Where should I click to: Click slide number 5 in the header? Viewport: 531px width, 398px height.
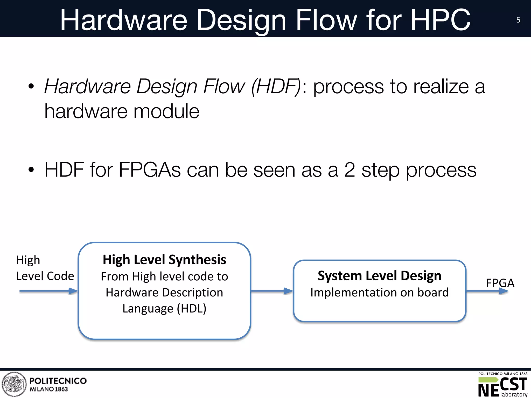[x=518, y=20]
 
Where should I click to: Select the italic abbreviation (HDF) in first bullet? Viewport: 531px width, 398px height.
[x=276, y=87]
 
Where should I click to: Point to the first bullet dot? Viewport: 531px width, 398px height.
[x=31, y=87]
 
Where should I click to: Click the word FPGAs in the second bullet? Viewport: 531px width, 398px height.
[x=150, y=170]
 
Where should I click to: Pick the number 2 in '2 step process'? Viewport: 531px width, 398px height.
[x=350, y=170]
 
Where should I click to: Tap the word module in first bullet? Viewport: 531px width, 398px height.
[x=166, y=111]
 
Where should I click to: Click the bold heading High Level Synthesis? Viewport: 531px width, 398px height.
[x=164, y=260]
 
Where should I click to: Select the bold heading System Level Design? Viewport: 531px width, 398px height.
[x=379, y=275]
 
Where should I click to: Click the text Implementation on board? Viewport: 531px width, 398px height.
[x=379, y=293]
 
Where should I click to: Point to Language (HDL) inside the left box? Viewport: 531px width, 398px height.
[x=164, y=309]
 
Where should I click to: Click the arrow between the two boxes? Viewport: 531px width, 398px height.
[x=272, y=291]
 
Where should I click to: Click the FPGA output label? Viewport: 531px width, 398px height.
[x=500, y=283]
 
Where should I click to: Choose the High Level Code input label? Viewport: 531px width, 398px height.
[x=45, y=268]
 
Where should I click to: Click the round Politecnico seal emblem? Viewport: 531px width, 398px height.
[x=14, y=384]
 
